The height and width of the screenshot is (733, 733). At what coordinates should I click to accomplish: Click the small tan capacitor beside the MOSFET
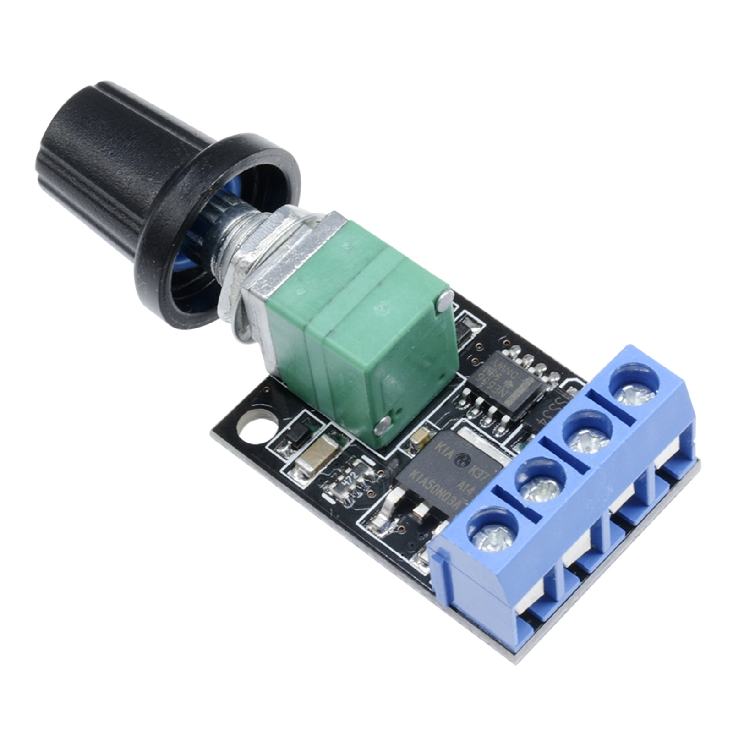point(420,439)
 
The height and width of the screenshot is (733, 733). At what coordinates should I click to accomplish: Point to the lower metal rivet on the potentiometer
point(383,426)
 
